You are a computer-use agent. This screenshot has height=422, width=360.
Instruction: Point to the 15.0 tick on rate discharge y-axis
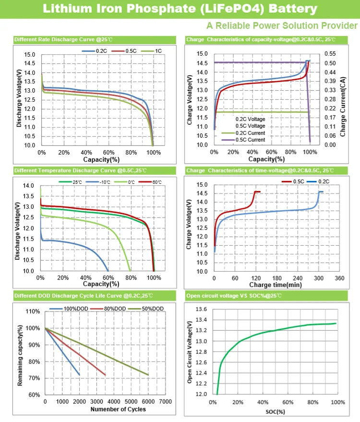pyautogui.click(x=29, y=55)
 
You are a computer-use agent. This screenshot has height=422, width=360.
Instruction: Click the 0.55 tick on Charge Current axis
pyautogui.click(x=331, y=54)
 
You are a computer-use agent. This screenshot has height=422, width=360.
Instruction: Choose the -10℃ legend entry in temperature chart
pyautogui.click(x=105, y=182)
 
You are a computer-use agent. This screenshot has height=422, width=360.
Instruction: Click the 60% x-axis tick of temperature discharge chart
pyautogui.click(x=108, y=278)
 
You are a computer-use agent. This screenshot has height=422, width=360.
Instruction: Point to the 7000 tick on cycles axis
pyautogui.click(x=166, y=401)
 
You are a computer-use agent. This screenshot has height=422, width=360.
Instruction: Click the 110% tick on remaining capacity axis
pyautogui.click(x=32, y=312)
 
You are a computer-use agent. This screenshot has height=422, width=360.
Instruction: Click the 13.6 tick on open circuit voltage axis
pyautogui.click(x=202, y=309)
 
